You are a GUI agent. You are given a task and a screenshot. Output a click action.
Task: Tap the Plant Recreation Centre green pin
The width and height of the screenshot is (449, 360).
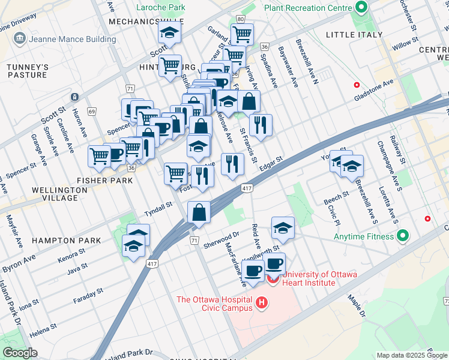(361, 8)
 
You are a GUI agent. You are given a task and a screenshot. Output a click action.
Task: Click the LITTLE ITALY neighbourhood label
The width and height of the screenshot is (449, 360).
(354, 35)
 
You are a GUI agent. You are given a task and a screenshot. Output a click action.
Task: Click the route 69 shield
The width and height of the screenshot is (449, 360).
(92, 112)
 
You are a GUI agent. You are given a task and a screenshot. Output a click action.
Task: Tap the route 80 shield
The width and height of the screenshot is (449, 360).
(240, 19)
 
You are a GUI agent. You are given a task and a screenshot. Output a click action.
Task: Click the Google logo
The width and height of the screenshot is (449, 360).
(20, 352)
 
